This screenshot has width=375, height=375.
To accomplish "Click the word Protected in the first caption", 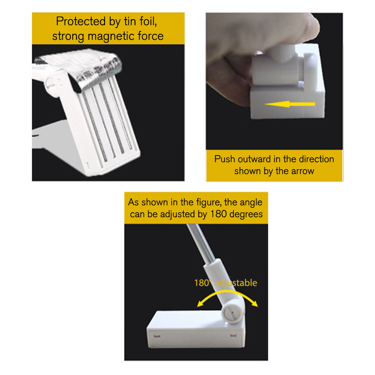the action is tap(81, 22).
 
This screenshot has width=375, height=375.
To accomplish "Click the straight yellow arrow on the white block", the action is tap(290, 104).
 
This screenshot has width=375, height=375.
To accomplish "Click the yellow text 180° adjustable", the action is tap(225, 283).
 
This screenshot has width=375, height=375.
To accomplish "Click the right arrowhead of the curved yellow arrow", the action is tap(255, 303).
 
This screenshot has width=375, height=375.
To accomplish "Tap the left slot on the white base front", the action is tap(157, 336).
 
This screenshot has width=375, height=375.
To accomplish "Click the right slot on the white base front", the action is tap(233, 336).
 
